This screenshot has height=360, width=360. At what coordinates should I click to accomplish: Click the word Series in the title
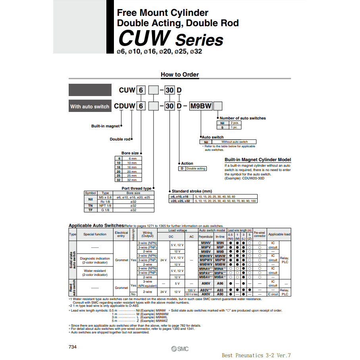199,40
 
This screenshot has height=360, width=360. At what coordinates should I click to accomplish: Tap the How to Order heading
180,75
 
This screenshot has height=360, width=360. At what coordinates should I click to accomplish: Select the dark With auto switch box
90,106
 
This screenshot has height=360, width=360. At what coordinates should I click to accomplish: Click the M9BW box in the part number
201,106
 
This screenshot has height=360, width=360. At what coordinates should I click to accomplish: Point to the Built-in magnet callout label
105,126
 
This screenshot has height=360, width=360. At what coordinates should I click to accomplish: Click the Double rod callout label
120,139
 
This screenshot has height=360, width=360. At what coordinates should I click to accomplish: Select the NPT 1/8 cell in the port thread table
105,206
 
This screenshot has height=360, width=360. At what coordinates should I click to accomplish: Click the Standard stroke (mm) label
192,191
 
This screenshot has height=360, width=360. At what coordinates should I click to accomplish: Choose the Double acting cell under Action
196,169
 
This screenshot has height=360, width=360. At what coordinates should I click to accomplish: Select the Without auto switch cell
234,142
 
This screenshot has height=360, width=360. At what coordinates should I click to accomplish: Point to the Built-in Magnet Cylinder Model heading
258,160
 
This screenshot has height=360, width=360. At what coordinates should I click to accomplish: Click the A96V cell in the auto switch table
206,284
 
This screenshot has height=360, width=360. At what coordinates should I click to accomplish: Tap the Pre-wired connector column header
260,234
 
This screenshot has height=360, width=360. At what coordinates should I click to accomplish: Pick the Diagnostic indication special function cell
95,260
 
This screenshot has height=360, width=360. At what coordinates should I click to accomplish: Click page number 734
73,347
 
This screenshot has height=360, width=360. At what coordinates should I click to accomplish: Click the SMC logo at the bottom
180,348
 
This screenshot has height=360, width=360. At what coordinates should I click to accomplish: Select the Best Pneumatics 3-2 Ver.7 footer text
256,355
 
